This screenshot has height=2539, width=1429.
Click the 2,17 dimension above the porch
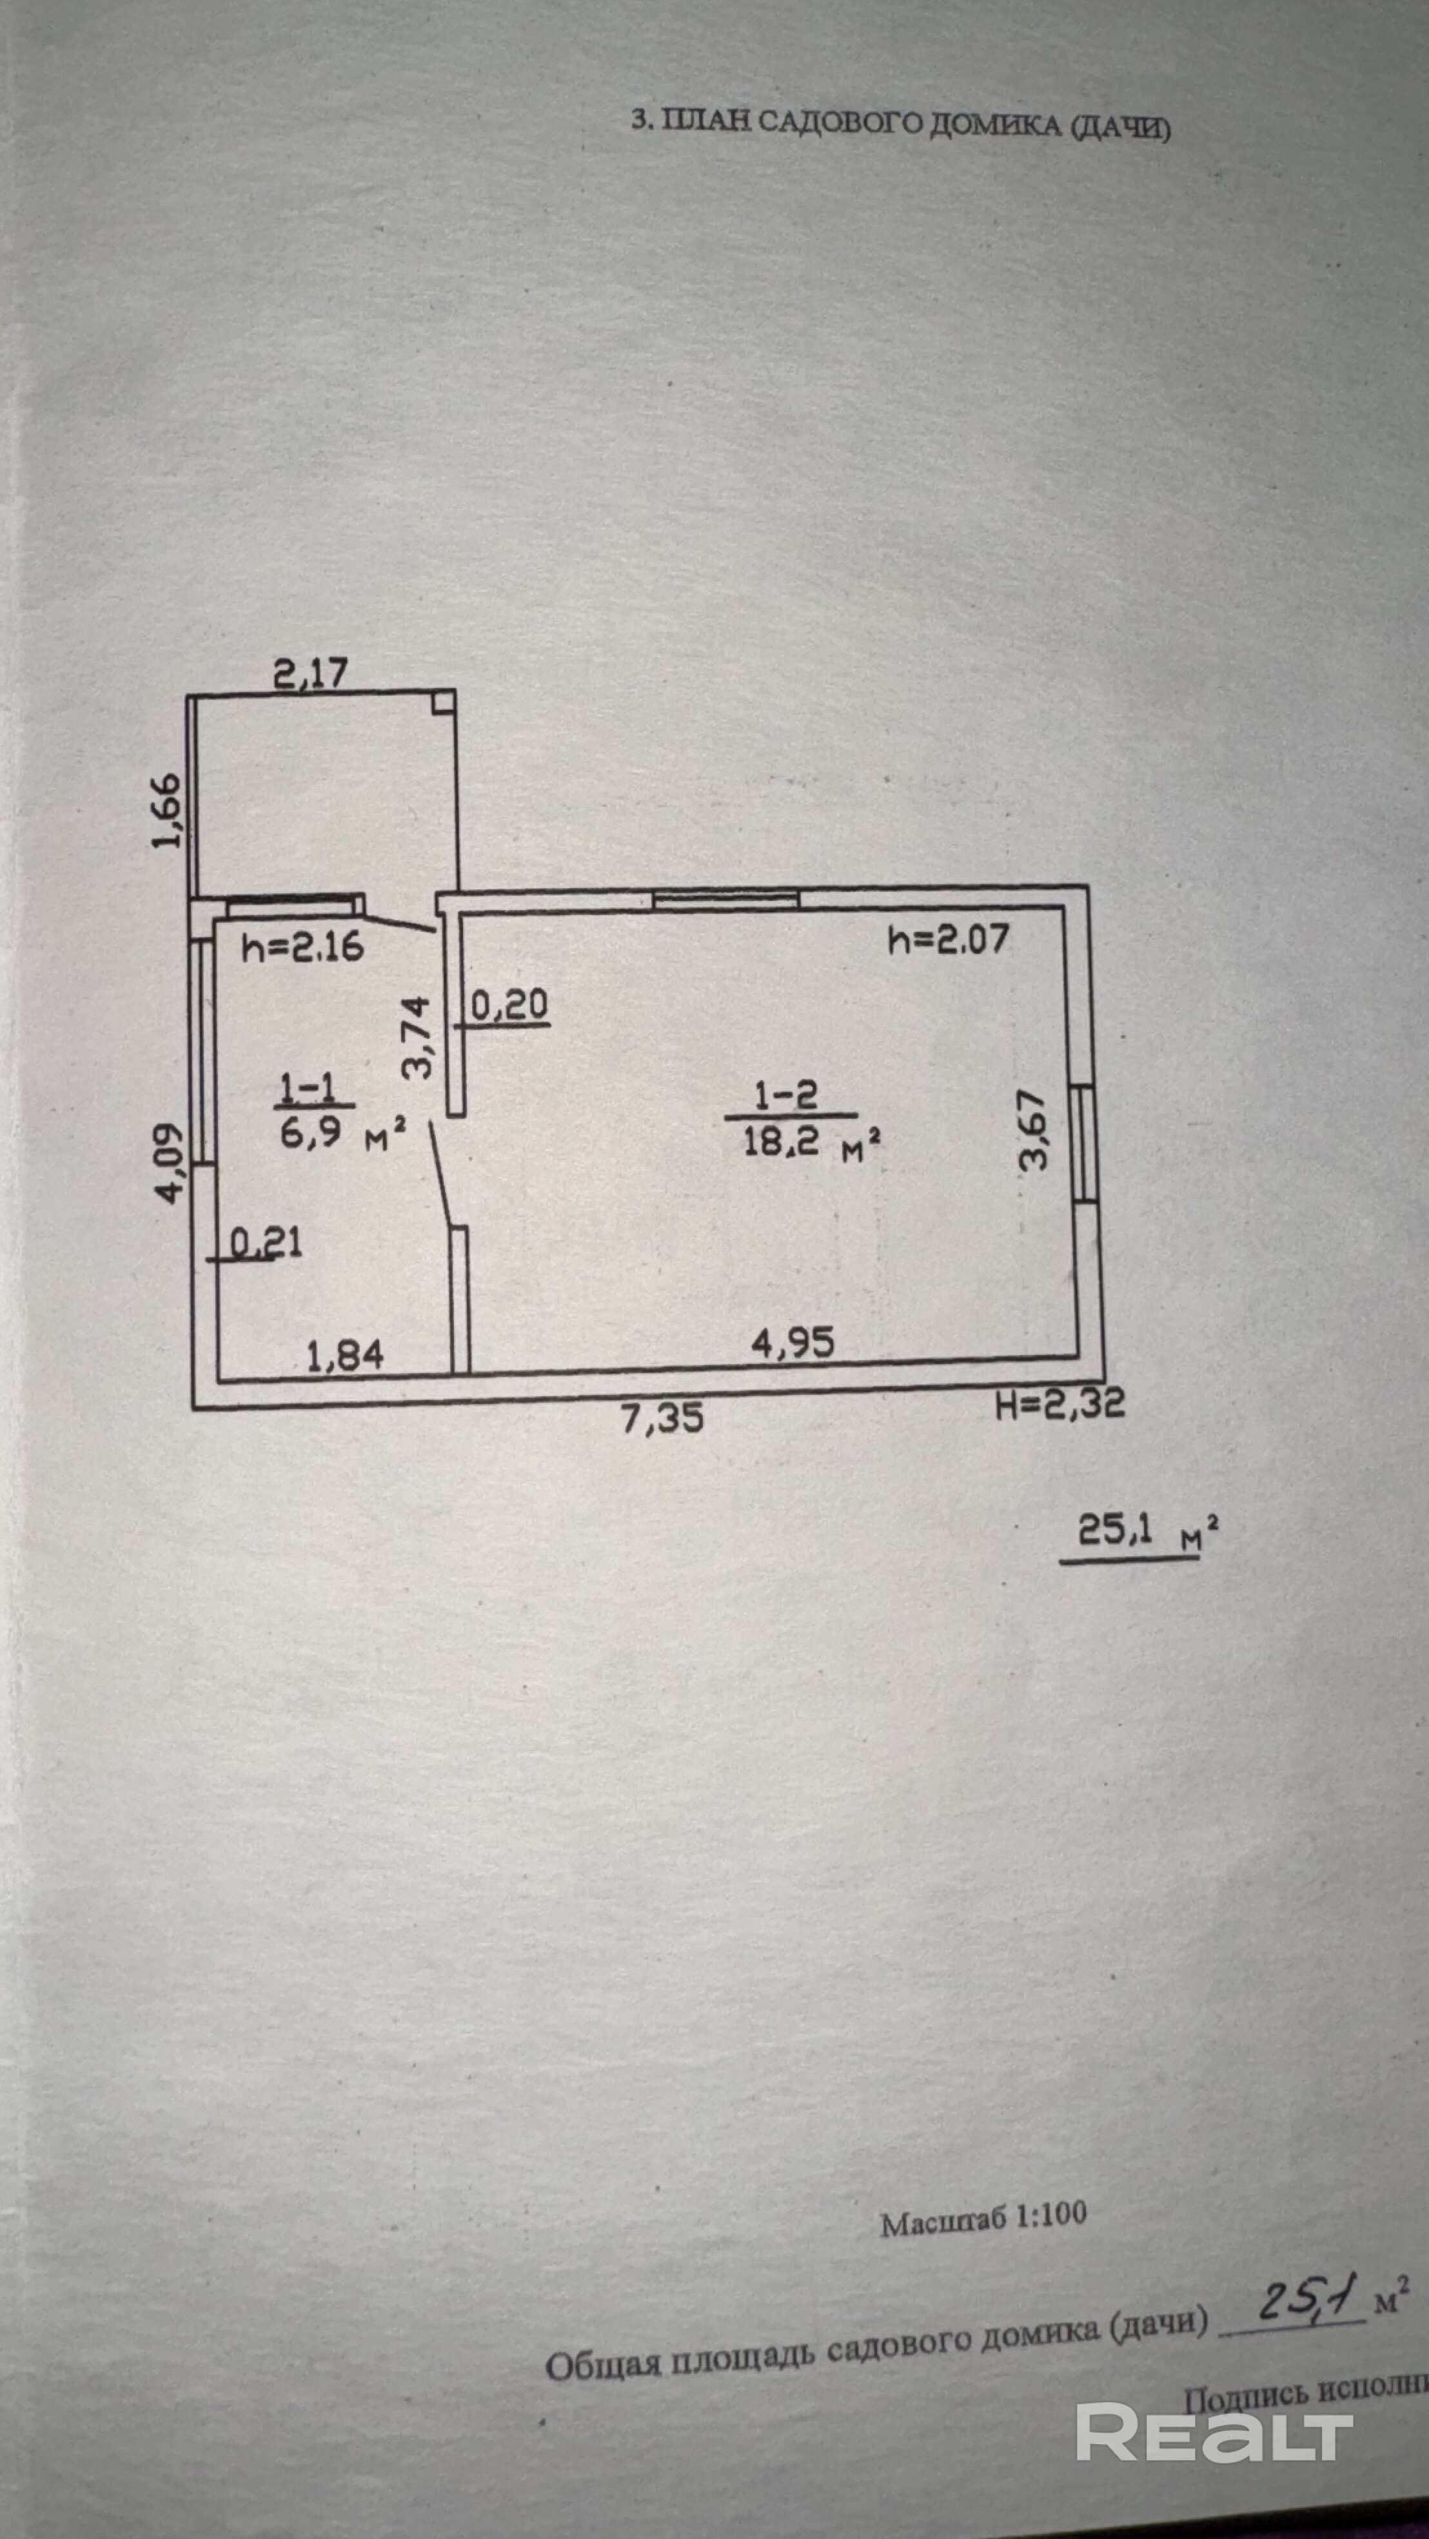click(x=310, y=673)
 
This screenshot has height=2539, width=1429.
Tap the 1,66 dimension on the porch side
click(x=168, y=810)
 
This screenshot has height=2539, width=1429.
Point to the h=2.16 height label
click(x=302, y=947)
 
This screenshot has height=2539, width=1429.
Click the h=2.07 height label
click(x=948, y=940)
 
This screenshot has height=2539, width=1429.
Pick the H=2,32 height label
click(x=1059, y=1403)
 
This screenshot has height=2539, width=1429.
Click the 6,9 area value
click(x=311, y=1132)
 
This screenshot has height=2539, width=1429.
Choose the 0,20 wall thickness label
click(x=509, y=1005)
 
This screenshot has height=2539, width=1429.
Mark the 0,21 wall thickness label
click(x=266, y=1243)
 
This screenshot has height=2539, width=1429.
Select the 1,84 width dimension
click(x=345, y=1358)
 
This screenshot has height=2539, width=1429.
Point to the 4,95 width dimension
click(x=793, y=1343)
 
